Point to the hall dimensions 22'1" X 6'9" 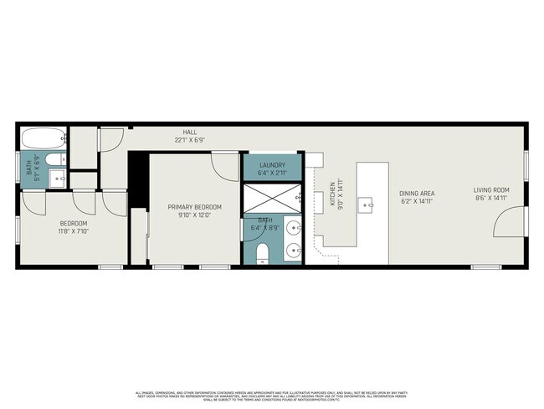pos(190,140)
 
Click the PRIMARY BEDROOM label pos(195,207)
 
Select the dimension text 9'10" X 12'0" pos(195,215)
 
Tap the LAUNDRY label pos(273,165)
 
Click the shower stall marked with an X pos(272,199)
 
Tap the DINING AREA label pos(416,193)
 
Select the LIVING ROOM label pos(491,190)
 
